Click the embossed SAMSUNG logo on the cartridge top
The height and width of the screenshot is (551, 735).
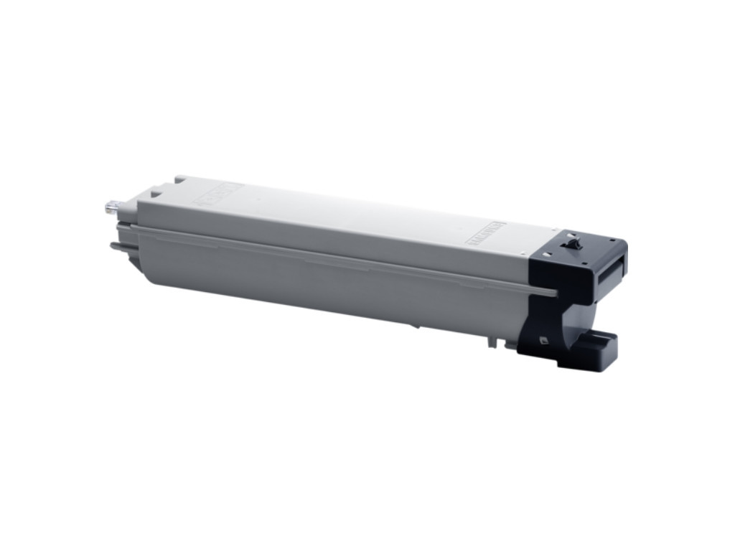click(x=486, y=234)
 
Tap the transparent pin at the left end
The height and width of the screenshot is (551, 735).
click(x=111, y=207)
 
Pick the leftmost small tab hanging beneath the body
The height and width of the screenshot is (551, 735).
click(x=490, y=341)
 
